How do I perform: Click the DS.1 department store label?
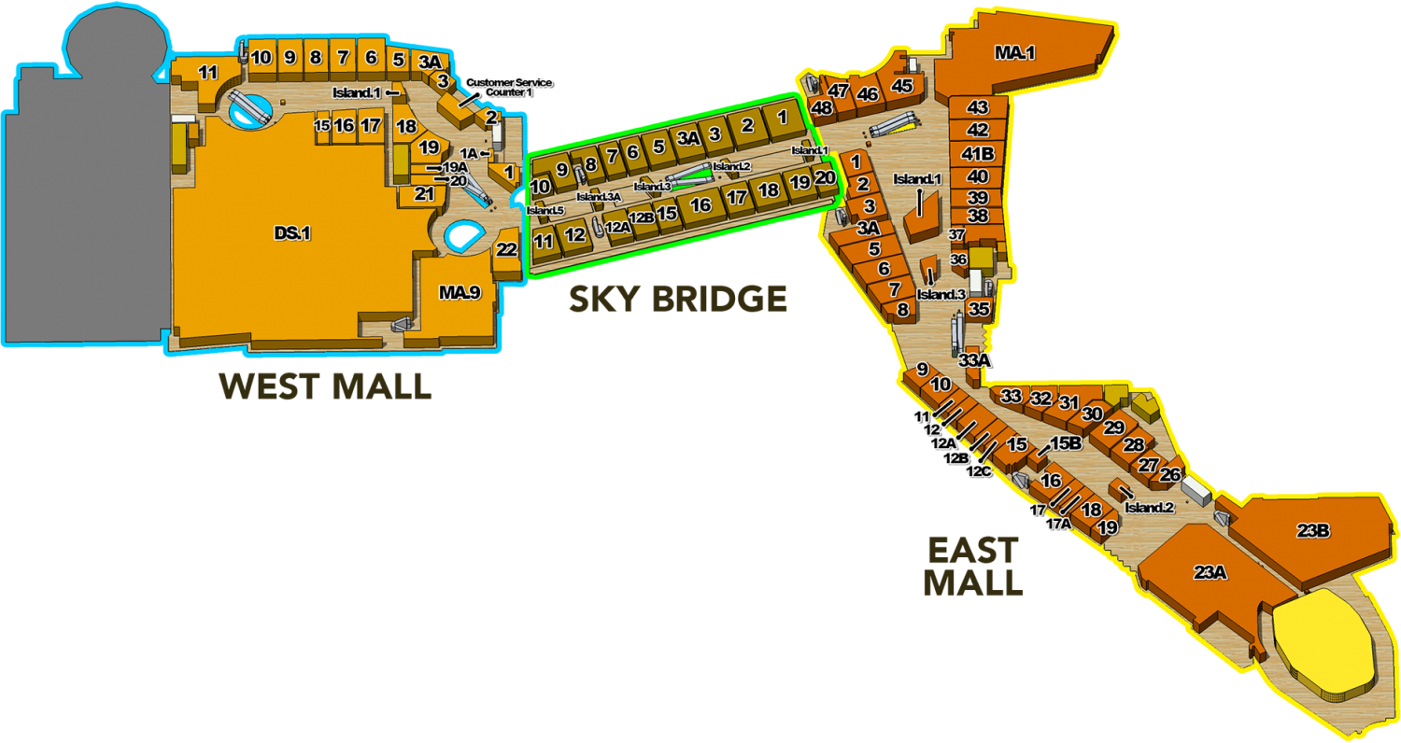pyautogui.click(x=292, y=233)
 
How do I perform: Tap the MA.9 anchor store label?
pyautogui.click(x=460, y=293)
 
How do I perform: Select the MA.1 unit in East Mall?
pyautogui.click(x=1014, y=53)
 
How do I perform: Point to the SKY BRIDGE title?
pyautogui.click(x=678, y=300)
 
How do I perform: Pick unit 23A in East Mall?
pyautogui.click(x=1210, y=572)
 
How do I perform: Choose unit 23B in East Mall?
pyautogui.click(x=1312, y=531)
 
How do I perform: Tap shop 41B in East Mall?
pyautogui.click(x=978, y=153)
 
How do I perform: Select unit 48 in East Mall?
pyautogui.click(x=822, y=108)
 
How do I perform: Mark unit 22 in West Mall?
pyautogui.click(x=506, y=249)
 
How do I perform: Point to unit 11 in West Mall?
pyautogui.click(x=207, y=72)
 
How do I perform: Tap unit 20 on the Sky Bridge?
pyautogui.click(x=825, y=177)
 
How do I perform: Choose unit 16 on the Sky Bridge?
pyautogui.click(x=700, y=205)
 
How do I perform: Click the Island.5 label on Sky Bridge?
pyautogui.click(x=545, y=210)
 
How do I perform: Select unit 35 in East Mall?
pyautogui.click(x=978, y=308)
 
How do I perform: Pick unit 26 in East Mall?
pyautogui.click(x=1169, y=474)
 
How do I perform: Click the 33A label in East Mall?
pyautogui.click(x=975, y=359)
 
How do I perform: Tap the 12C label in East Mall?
pyautogui.click(x=978, y=471)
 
